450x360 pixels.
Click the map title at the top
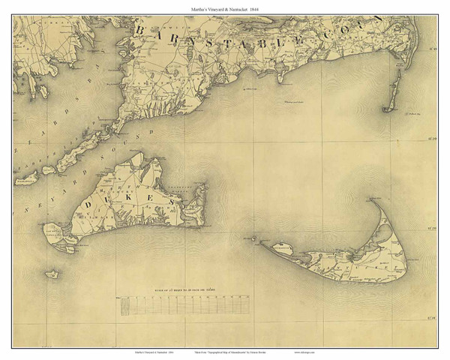[x=225, y=7]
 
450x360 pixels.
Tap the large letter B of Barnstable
[x=141, y=29]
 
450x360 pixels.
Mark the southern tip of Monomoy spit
[x=388, y=109]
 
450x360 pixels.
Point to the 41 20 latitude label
[x=432, y=226]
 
